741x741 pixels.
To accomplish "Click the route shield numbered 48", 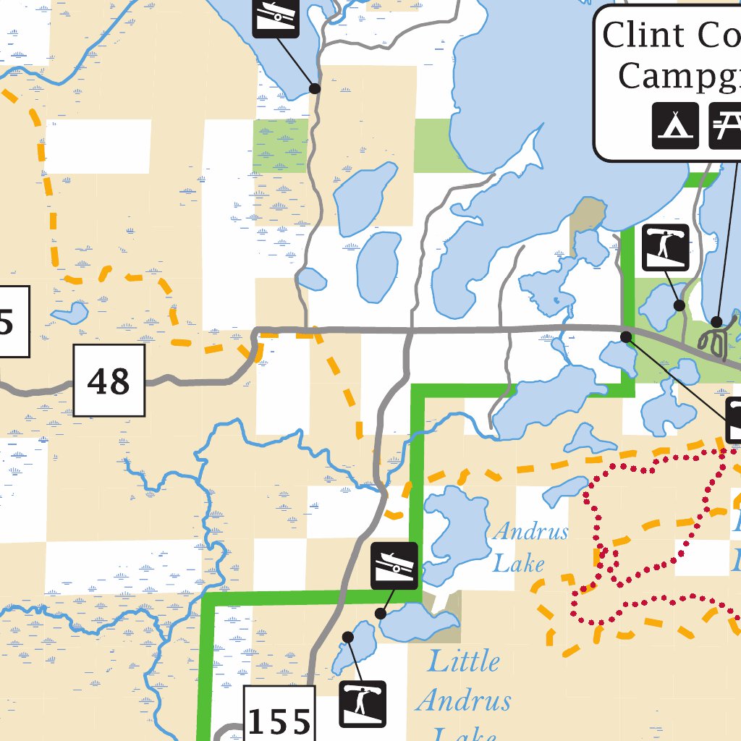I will [x=109, y=381].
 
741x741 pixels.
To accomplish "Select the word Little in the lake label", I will [x=463, y=661].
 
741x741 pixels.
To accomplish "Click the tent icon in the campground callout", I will [x=675, y=125].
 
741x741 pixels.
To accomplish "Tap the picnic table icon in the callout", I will [x=725, y=125].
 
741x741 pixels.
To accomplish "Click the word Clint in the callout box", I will [x=643, y=35].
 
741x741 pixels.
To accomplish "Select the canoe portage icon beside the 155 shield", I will [x=363, y=704].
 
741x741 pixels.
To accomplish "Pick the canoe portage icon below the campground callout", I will [x=665, y=248].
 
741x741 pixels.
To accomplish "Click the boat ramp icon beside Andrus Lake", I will [x=395, y=565].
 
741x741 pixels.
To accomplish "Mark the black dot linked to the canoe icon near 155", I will [x=348, y=637].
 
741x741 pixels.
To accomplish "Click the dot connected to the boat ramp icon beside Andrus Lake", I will [x=381, y=614].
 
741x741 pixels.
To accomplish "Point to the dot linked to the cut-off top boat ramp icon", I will [x=315, y=88].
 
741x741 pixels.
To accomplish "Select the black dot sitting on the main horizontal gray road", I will [x=627, y=336].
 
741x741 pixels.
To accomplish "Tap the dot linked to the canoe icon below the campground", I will [x=679, y=305].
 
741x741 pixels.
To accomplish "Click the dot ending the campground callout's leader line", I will [x=716, y=322].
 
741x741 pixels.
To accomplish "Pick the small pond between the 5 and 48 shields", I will [x=70, y=314].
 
